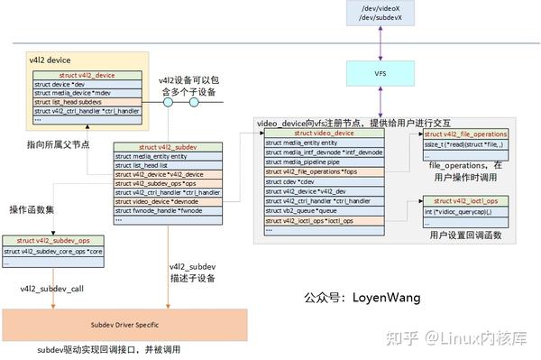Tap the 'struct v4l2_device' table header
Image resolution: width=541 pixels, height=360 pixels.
coord(87,75)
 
